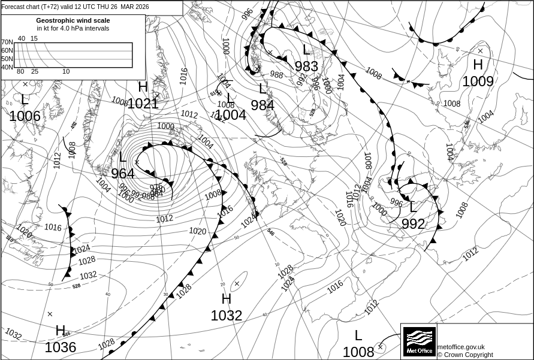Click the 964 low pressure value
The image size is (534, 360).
(x=123, y=174)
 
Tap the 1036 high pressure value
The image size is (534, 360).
(x=61, y=347)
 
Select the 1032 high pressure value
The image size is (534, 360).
(x=227, y=315)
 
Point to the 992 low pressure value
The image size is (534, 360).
(x=413, y=224)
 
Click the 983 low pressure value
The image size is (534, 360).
(x=306, y=66)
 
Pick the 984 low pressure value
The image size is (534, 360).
(x=263, y=105)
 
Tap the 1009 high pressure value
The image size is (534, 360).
(x=478, y=81)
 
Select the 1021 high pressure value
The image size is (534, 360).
(x=143, y=104)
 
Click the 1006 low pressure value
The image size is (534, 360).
(x=25, y=116)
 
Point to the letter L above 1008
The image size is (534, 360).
(x=358, y=335)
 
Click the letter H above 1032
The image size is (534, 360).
(x=226, y=299)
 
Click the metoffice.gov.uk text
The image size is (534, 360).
(x=461, y=347)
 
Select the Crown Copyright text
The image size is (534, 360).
(x=465, y=355)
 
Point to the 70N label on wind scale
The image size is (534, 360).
(x=7, y=43)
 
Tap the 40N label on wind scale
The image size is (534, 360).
(x=7, y=67)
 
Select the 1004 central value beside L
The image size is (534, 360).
(x=231, y=115)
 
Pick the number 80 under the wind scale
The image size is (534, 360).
(x=20, y=72)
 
